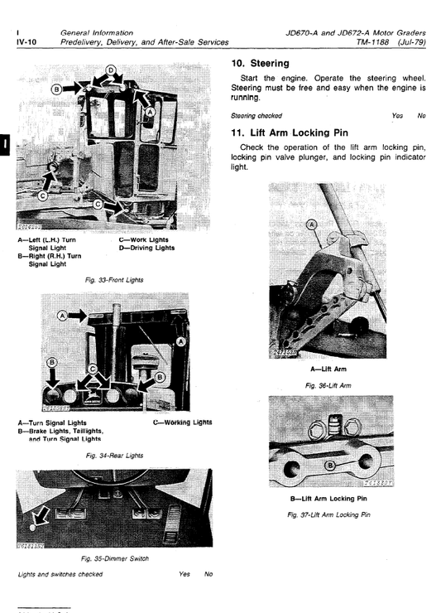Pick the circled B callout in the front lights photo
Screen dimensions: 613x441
click(56, 88)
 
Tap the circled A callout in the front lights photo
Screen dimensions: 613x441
click(150, 112)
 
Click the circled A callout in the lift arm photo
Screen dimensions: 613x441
click(312, 224)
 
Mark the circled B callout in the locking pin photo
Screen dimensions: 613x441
click(330, 466)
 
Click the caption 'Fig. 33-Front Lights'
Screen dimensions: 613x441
click(115, 280)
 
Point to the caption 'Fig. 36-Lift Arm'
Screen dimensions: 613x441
click(328, 386)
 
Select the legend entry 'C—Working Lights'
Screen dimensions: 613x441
click(182, 422)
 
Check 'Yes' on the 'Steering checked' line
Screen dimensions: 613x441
click(397, 116)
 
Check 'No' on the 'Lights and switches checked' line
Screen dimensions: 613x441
click(209, 573)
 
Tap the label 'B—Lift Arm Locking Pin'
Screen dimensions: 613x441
click(328, 499)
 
